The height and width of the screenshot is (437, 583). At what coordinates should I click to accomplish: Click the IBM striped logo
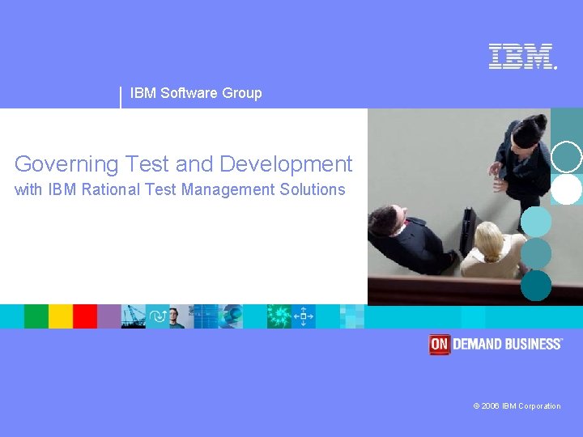pyautogui.click(x=521, y=57)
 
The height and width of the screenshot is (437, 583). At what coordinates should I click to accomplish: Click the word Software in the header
pyautogui.click(x=189, y=93)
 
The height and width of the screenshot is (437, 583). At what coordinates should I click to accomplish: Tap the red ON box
pyautogui.click(x=439, y=345)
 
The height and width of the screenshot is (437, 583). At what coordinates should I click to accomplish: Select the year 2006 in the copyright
pyautogui.click(x=491, y=406)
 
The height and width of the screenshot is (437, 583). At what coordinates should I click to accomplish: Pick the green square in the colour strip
pyautogui.click(x=36, y=316)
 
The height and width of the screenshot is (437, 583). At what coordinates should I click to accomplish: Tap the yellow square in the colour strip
pyautogui.click(x=61, y=316)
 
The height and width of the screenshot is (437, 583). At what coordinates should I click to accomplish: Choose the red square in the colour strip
pyautogui.click(x=85, y=316)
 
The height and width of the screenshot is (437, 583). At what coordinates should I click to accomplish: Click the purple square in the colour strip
pyautogui.click(x=109, y=316)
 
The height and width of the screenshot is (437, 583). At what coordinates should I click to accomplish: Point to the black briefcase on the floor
pyautogui.click(x=468, y=231)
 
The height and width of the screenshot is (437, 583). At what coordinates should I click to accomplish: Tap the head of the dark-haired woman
pyautogui.click(x=528, y=129)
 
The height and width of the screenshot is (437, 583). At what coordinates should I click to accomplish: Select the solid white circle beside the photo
pyautogui.click(x=567, y=189)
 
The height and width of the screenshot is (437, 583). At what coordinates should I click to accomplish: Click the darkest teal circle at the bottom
pyautogui.click(x=536, y=285)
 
